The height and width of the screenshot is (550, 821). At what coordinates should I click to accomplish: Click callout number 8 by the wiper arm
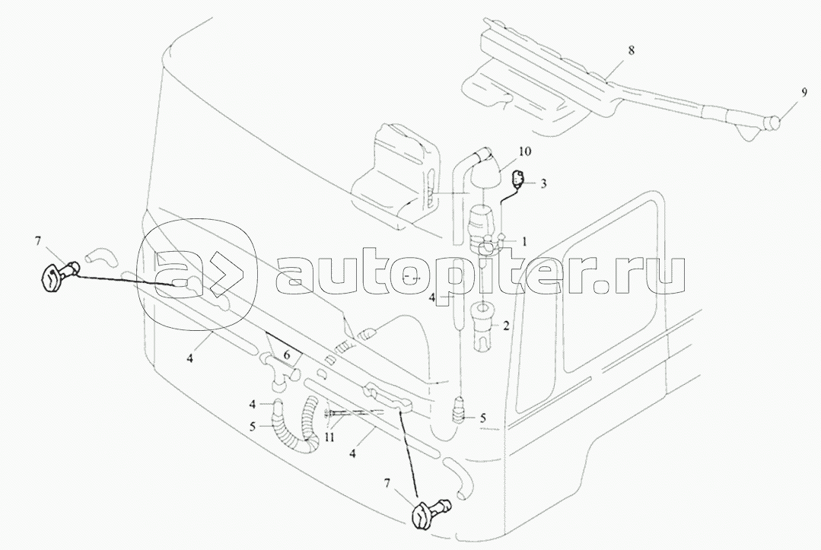click(x=630, y=49)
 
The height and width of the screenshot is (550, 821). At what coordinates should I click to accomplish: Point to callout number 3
click(x=544, y=183)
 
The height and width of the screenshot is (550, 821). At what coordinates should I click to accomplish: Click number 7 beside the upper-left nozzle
click(x=38, y=241)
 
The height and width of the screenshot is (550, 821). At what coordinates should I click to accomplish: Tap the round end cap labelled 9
click(x=774, y=121)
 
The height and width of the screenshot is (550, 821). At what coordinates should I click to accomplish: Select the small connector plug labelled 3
click(x=519, y=180)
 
